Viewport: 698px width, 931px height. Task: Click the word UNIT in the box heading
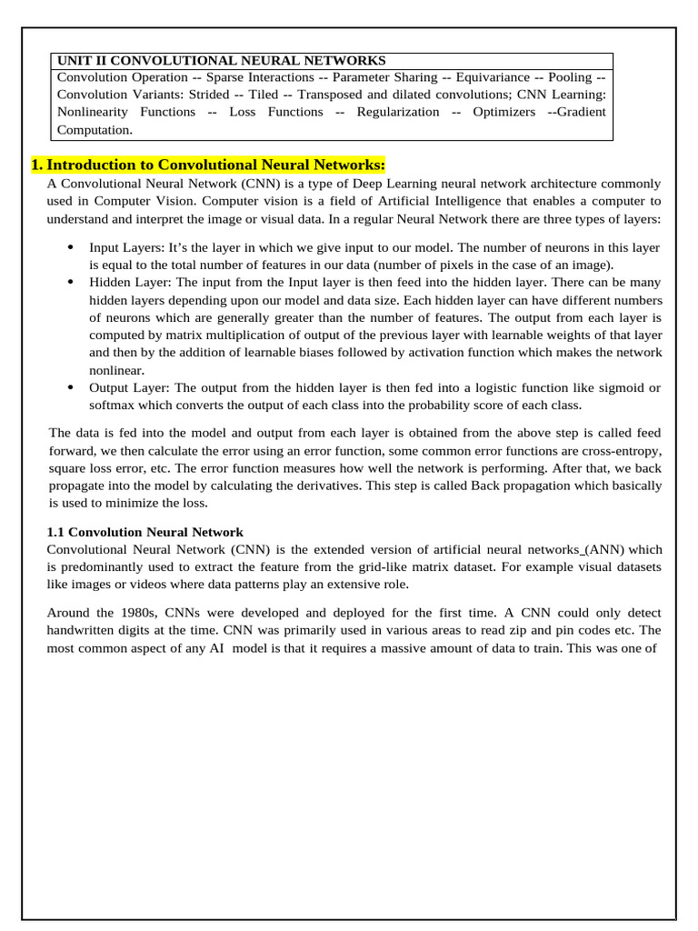pyautogui.click(x=75, y=60)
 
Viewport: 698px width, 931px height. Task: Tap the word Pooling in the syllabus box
pyautogui.click(x=569, y=77)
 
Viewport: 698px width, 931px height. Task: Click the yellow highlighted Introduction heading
pyautogui.click(x=208, y=165)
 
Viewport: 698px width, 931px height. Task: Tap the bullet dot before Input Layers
pyautogui.click(x=71, y=247)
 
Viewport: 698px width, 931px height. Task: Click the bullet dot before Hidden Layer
pyautogui.click(x=71, y=283)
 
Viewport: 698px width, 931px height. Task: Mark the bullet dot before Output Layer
pyautogui.click(x=71, y=388)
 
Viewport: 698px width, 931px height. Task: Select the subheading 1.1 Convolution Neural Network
pyautogui.click(x=145, y=532)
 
